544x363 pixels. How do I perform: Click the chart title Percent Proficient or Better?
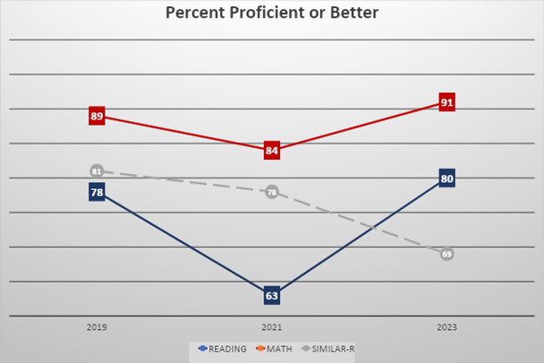272,13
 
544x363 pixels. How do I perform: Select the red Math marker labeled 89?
97,116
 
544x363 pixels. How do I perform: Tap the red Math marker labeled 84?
272,151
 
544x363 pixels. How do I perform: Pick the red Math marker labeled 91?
447,103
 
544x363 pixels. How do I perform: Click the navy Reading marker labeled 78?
97,192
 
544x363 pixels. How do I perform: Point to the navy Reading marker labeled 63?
272,295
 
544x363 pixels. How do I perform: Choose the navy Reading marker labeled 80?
447,178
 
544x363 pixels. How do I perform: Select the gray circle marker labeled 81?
97,171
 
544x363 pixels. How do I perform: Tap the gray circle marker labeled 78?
272,192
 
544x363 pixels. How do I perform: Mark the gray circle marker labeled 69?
447,254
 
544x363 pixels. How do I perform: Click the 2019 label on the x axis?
97,327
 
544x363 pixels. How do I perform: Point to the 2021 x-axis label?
272,327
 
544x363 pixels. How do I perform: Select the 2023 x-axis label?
447,327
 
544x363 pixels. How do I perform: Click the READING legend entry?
222,349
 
